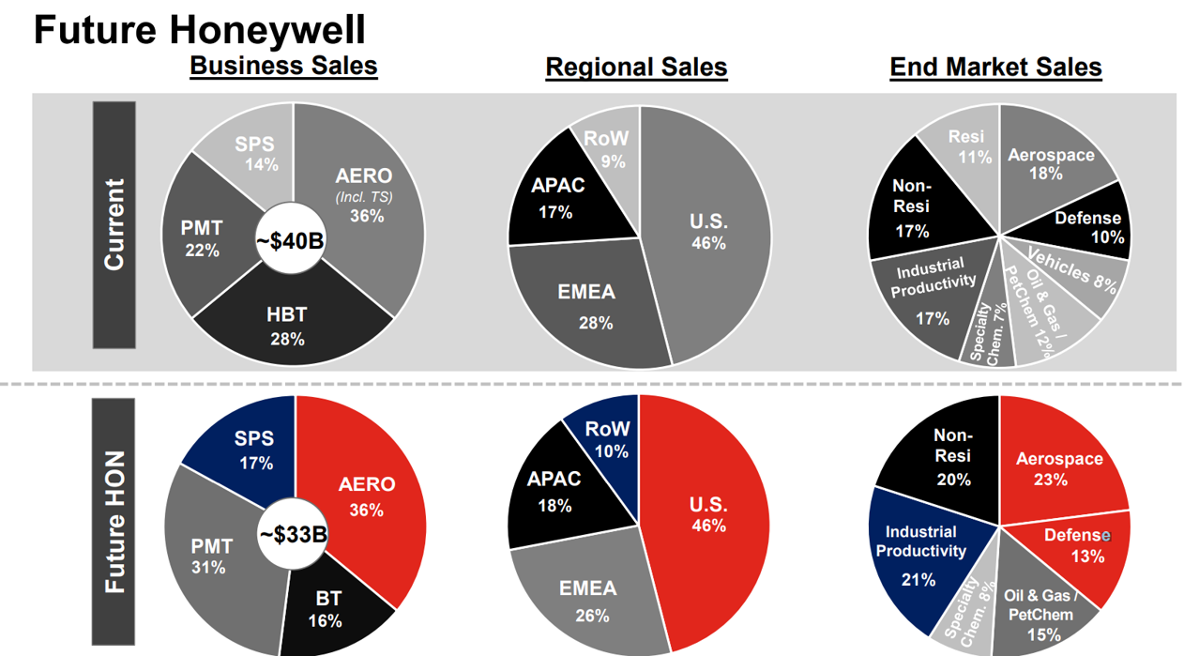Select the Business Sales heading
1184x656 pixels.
point(283,66)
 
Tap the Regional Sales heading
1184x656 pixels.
point(636,67)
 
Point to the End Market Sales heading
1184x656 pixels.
point(995,67)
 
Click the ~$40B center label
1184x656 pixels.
point(290,241)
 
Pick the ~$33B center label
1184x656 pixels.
point(293,535)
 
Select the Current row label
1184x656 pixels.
point(114,224)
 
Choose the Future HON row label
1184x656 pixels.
point(114,522)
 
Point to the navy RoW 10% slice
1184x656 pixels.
point(607,437)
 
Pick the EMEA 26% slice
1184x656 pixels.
point(587,601)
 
